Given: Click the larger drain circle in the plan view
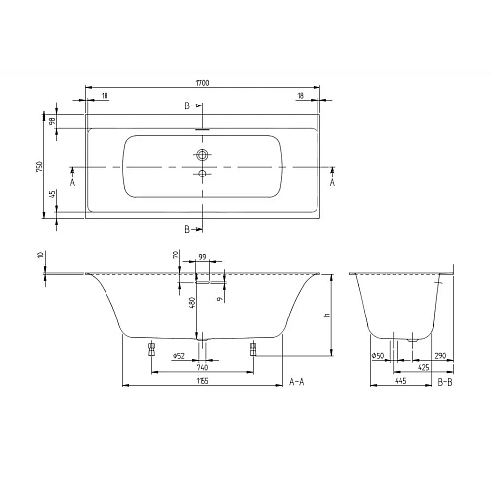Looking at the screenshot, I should pyautogui.click(x=203, y=156).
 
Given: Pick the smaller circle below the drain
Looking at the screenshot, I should pyautogui.click(x=203, y=175).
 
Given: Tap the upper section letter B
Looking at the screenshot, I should pyautogui.click(x=187, y=106).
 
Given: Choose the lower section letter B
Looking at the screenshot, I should pyautogui.click(x=187, y=229).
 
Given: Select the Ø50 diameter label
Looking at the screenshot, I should pyautogui.click(x=378, y=356).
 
